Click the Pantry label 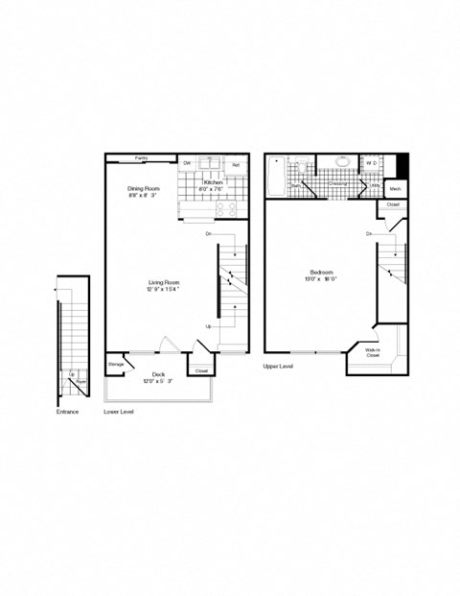(x=141, y=156)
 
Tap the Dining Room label (x=144, y=189)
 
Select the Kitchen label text (x=213, y=181)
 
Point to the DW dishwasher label (x=188, y=164)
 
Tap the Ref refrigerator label (x=236, y=165)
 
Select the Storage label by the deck (x=115, y=365)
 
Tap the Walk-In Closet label (x=374, y=352)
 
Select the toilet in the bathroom (x=301, y=168)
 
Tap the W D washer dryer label (x=372, y=163)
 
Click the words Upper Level (x=279, y=366)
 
